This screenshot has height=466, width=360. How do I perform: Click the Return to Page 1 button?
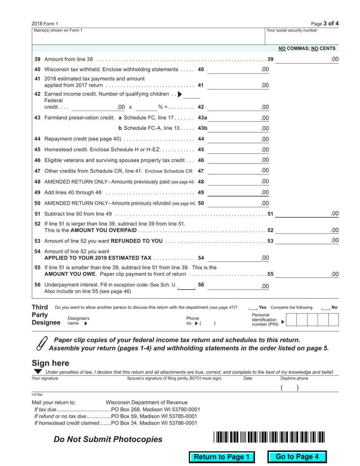coord(222,457)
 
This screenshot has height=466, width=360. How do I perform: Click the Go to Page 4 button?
coord(297,457)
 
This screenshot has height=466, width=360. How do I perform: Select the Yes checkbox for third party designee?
coord(253,308)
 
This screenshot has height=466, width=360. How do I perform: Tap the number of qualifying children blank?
coord(192,94)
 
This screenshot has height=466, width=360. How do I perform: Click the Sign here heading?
coord(50,363)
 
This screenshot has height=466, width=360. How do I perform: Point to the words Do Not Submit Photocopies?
coord(108,439)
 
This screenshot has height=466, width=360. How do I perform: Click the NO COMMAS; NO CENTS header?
coord(307,48)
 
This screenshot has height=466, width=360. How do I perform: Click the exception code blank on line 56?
coord(186,286)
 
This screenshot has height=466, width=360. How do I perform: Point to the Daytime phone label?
coord(294,378)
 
